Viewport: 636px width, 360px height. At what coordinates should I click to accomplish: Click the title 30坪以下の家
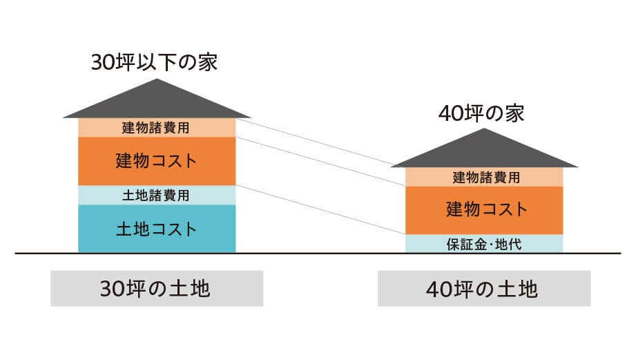point(154,63)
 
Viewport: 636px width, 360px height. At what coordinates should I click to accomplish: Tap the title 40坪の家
point(481,113)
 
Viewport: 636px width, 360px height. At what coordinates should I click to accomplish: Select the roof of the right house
point(484,151)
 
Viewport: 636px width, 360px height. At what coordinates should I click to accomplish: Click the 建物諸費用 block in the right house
point(484,177)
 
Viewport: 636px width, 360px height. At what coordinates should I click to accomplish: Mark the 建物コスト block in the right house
point(484,209)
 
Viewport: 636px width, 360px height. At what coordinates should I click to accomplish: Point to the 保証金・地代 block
point(484,243)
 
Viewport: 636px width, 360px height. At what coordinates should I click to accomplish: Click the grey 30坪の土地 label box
point(157,289)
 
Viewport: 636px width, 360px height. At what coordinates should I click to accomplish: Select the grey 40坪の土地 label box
point(484,289)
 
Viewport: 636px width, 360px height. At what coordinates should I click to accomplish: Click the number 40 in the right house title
point(450,114)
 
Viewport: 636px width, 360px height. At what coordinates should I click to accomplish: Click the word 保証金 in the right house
point(464,243)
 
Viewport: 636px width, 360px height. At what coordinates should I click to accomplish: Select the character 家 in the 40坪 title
point(514,113)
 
